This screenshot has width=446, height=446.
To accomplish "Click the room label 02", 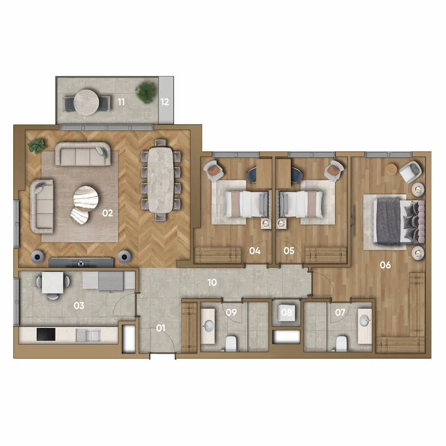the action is point(108,213).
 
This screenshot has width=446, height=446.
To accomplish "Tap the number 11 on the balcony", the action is point(121,102).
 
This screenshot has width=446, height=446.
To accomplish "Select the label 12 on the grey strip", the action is point(164,102).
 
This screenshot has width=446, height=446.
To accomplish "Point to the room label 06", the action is point(385,265).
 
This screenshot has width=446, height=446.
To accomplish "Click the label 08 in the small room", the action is point(287,312).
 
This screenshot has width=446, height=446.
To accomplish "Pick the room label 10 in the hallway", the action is point(212,282).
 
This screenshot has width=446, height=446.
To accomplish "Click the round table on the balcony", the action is point(86,103).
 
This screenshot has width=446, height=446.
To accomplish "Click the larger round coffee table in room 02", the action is point(86,198).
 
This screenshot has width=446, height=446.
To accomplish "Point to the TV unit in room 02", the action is point(81,263).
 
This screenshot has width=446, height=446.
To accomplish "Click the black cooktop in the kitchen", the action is point(46,334).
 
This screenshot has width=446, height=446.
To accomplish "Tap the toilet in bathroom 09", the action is point(231,343).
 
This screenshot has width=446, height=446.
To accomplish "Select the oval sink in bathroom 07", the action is point(365,321).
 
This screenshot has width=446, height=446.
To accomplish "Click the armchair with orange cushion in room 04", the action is point(214,170).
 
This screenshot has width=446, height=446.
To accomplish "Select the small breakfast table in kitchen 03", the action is point(52,282).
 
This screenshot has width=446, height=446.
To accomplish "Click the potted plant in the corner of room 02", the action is point(36,146).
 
